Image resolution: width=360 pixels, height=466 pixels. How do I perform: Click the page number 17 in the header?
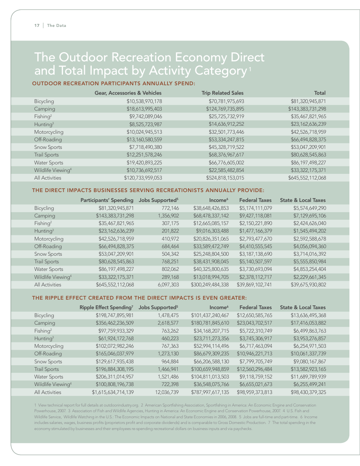[x=37, y=25]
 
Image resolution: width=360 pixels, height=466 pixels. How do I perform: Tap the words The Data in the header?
[x=56, y=25]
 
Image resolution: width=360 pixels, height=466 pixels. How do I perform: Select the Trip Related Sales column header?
[x=222, y=93]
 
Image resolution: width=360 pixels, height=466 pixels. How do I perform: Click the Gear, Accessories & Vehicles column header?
[x=128, y=93]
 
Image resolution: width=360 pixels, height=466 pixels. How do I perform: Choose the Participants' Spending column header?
[x=107, y=200]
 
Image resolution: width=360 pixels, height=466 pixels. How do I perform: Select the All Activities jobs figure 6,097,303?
[x=166, y=285]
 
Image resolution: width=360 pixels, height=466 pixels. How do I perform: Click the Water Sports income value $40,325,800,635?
[x=211, y=269]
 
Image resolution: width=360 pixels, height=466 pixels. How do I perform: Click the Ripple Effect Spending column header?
[x=106, y=307]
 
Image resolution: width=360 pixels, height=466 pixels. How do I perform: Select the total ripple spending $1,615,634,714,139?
[x=113, y=392]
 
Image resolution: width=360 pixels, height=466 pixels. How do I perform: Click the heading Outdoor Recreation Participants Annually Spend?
[x=114, y=83]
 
